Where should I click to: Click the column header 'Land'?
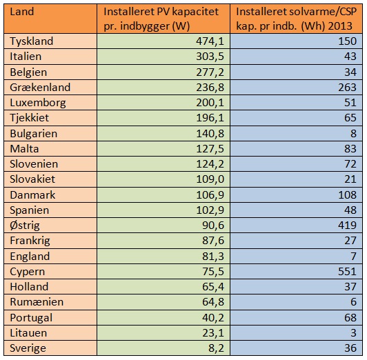point(22,12)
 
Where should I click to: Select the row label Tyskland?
point(32,41)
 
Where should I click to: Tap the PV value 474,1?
point(210,41)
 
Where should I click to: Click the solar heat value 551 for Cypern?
point(347,271)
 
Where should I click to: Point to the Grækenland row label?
point(40,88)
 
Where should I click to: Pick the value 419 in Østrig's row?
point(347,225)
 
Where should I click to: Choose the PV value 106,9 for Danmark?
point(210,195)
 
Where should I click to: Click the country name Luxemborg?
point(38,103)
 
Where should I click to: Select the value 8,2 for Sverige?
point(216,348)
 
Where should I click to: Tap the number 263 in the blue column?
point(347,88)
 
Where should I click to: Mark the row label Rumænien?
point(37,302)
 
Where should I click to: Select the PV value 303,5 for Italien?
point(210,57)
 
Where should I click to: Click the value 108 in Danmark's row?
point(347,195)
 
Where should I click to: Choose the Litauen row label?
point(28,332)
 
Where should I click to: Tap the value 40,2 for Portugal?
point(213,317)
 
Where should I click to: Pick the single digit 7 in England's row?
point(353,256)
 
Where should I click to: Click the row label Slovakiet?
point(32,179)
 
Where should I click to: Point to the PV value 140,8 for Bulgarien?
point(210,134)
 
